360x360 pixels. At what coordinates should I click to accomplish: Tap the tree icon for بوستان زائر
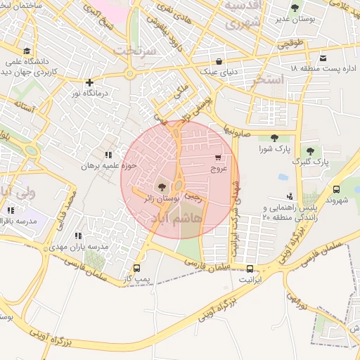163,186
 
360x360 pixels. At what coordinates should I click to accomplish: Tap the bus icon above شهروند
336,189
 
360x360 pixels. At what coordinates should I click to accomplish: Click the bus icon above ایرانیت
250,268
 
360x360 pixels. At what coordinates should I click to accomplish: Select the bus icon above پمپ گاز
136,268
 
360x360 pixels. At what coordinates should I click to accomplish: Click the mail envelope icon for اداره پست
323,58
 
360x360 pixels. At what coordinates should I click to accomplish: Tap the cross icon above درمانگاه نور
89,82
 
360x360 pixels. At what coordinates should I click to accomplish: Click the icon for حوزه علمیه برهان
108,155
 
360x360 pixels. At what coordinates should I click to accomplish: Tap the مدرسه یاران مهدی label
83,247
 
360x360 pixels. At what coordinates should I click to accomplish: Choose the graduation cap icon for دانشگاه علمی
27,51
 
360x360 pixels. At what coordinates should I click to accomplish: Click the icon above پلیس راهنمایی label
290,196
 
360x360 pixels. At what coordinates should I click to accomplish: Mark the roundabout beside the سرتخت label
130,73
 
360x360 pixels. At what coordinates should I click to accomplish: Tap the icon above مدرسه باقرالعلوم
11,210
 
